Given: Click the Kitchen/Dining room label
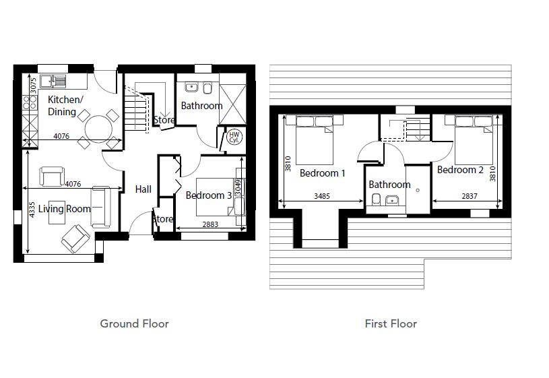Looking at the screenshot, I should coord(65,106).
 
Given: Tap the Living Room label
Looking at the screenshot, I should coord(64,209).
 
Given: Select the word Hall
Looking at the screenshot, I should coord(143,189).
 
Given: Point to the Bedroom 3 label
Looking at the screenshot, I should coord(209,195).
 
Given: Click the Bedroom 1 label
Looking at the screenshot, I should coord(323,173).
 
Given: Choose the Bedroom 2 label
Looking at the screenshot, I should coord(460,170).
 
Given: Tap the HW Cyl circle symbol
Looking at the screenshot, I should coord(234,137).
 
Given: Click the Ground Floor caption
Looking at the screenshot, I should coord(134,323).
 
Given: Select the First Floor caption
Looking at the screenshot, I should coord(391,323).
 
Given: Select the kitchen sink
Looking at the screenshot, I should coord(53,82).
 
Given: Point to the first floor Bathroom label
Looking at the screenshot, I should coord(389,185).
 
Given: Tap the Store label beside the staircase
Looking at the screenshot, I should coord(164,121).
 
